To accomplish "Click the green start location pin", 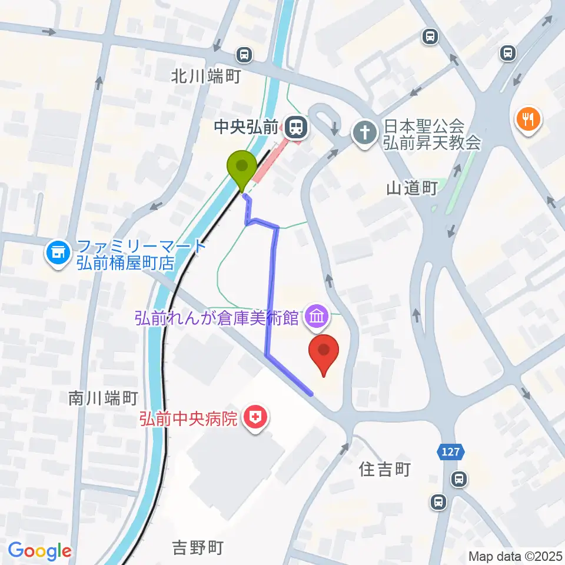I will click(242, 168).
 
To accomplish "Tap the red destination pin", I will click(324, 352).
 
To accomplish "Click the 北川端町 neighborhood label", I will click(206, 77).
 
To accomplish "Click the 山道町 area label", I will click(411, 188).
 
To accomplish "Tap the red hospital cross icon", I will click(256, 418).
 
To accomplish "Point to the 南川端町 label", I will click(103, 399).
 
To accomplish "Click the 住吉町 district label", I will click(384, 469).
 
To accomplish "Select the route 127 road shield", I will click(451, 452).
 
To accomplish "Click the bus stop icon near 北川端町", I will click(244, 55).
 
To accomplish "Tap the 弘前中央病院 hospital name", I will click(189, 419).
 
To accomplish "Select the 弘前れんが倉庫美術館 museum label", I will click(217, 318).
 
